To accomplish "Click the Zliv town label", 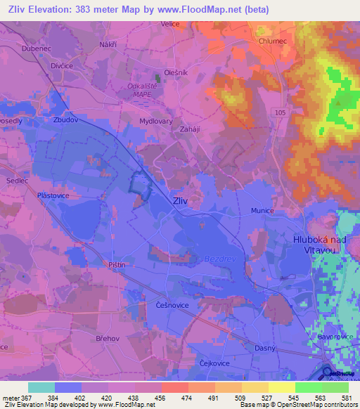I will pos(180,200).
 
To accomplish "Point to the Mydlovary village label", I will pos(156,121).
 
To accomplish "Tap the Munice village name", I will pos(262,210).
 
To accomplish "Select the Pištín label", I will pos(117,265).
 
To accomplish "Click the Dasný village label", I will pos(266,349).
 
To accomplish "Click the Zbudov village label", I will pos(65,119).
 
